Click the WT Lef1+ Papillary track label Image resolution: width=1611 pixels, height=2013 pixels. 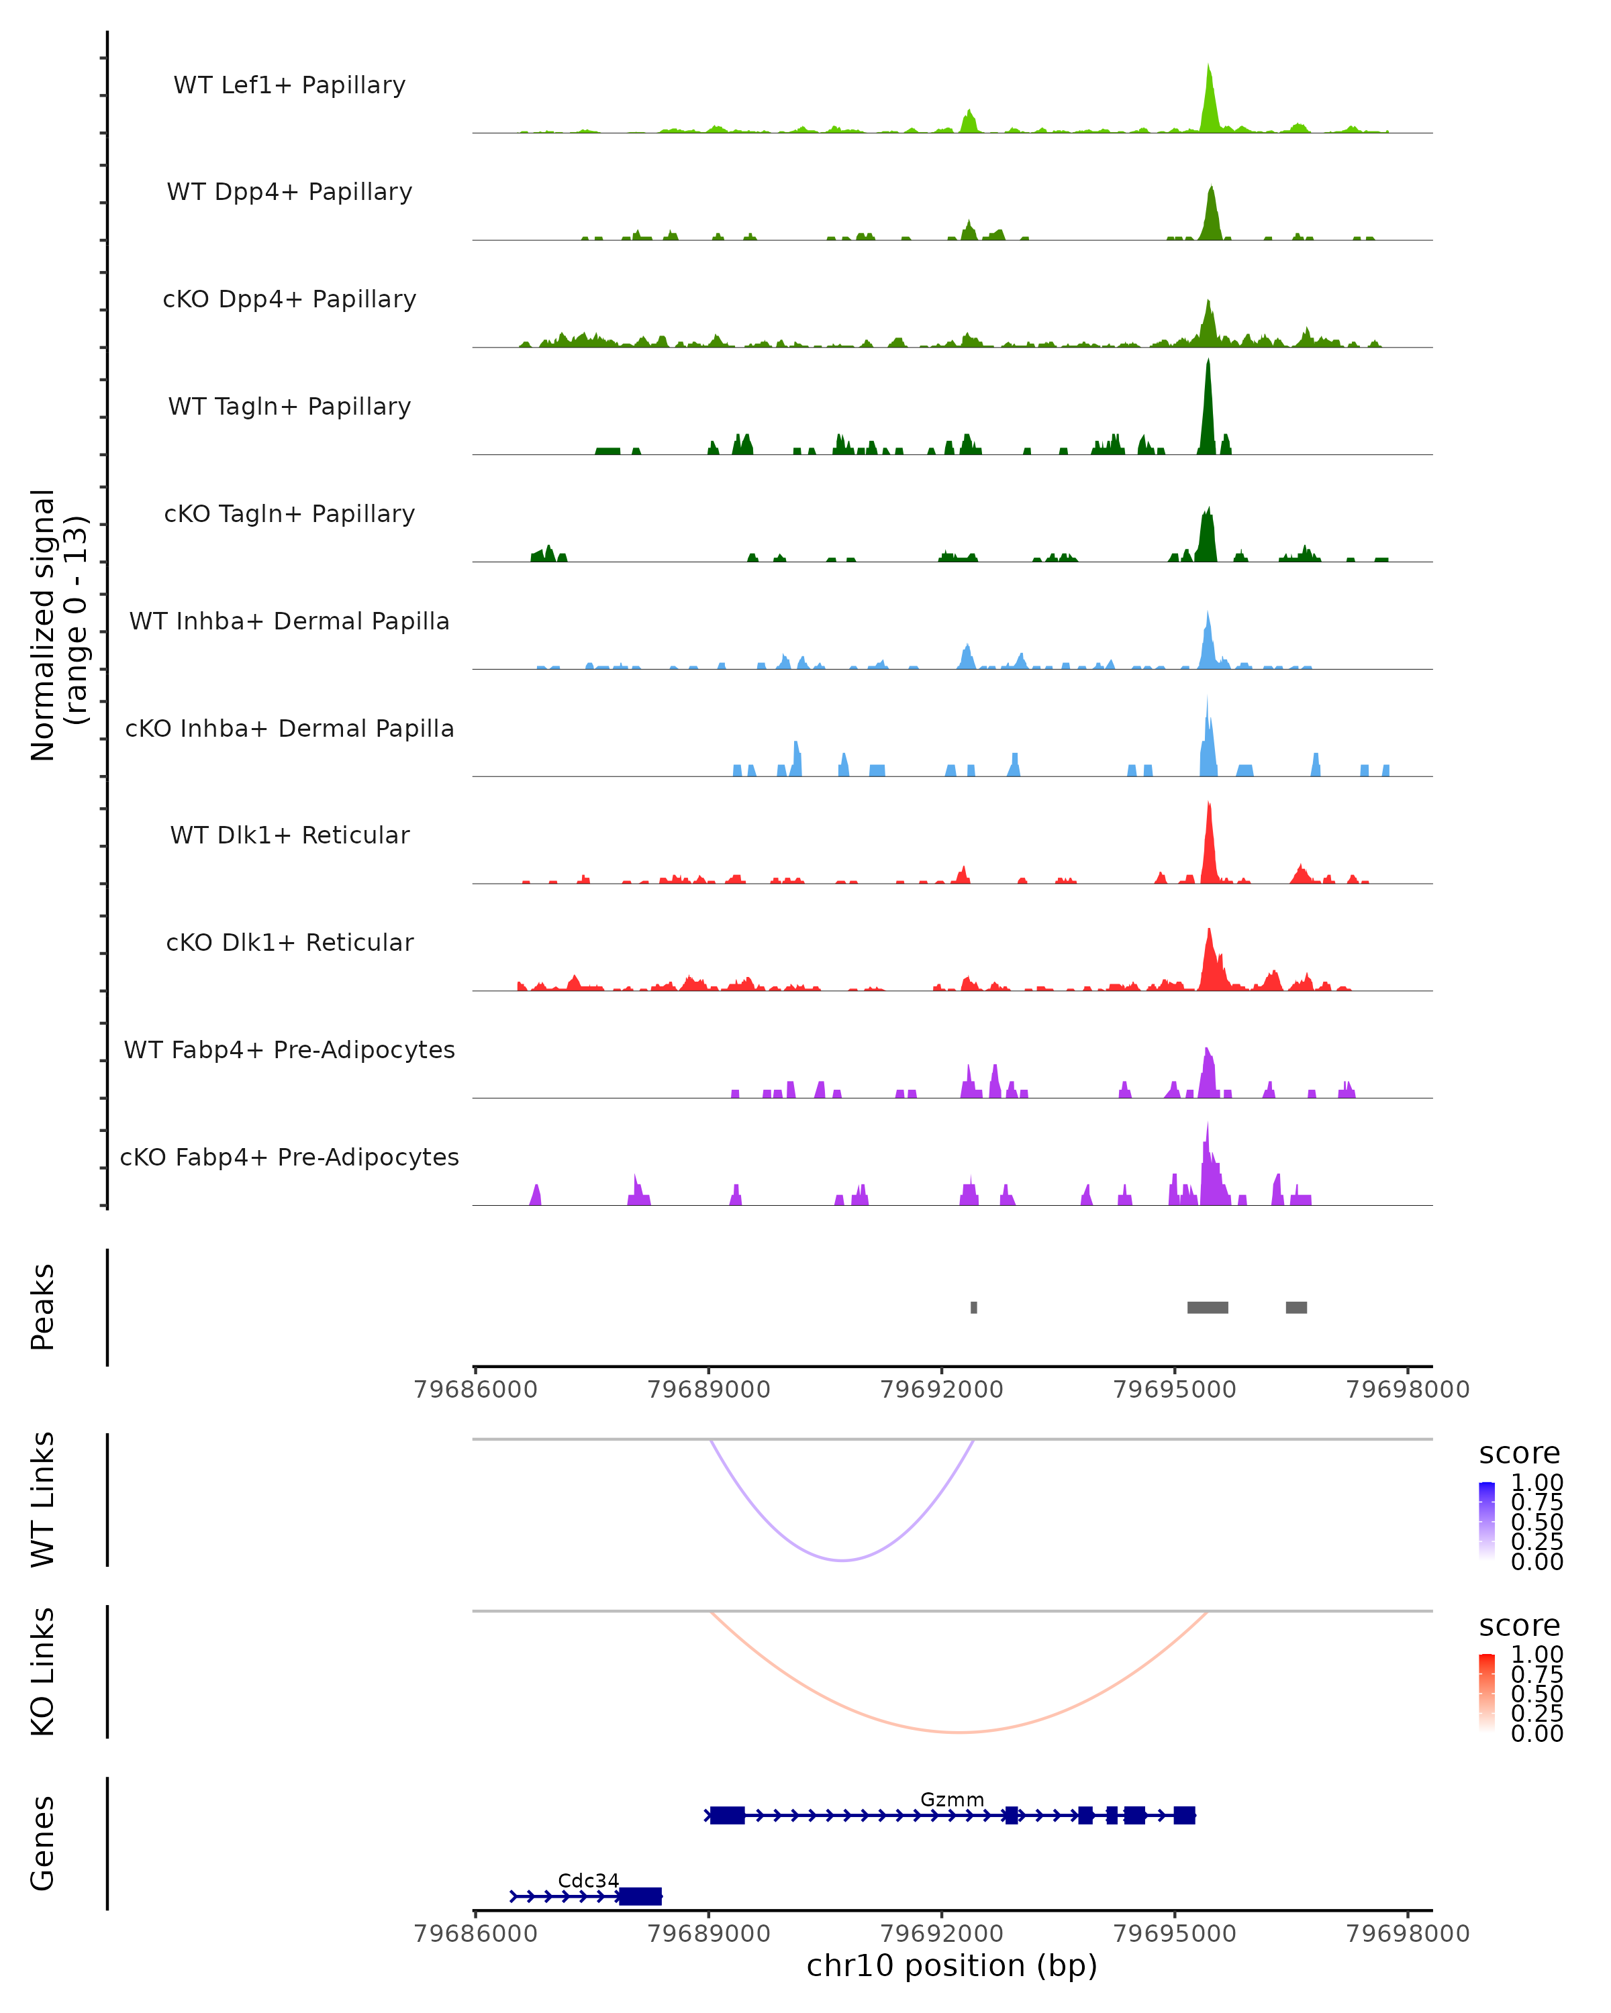pyautogui.click(x=289, y=85)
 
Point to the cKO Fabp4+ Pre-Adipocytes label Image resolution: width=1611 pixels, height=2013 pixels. pyautogui.click(x=289, y=1157)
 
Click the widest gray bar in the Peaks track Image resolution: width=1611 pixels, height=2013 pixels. pyautogui.click(x=1208, y=1307)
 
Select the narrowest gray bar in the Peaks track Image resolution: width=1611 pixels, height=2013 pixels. pyautogui.click(x=974, y=1307)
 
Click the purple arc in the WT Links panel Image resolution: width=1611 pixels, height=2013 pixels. pyautogui.click(x=842, y=1559)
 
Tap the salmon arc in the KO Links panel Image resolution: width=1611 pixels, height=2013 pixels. pyautogui.click(x=959, y=1732)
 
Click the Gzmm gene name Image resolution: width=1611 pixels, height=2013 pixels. pyautogui.click(x=952, y=1799)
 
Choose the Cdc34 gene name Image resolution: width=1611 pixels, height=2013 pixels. pyautogui.click(x=589, y=1880)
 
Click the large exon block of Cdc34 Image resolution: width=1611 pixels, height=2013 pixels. pyautogui.click(x=640, y=1896)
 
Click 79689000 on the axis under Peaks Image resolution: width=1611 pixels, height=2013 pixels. pyautogui.click(x=709, y=1390)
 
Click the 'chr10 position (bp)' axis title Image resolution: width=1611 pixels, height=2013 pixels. pyautogui.click(x=952, y=1965)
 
